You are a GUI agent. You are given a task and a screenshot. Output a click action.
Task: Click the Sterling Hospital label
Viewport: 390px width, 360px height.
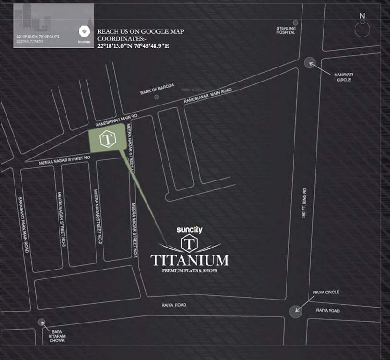286,30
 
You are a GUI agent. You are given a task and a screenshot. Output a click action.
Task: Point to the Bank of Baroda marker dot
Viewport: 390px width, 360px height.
156,97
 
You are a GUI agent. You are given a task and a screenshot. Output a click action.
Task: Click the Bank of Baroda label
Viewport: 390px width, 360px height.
157,89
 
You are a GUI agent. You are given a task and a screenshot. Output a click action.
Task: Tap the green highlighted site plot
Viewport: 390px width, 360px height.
107,139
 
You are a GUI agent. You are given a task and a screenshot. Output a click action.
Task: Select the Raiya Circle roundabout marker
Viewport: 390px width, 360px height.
295,311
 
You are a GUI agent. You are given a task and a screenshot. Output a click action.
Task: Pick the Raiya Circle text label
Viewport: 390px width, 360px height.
326,292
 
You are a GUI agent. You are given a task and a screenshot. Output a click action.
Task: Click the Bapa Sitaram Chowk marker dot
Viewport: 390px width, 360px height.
42,322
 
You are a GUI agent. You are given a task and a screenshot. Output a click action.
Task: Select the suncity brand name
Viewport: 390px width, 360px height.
189,230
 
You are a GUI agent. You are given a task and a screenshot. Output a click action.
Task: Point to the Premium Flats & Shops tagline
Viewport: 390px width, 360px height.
190,271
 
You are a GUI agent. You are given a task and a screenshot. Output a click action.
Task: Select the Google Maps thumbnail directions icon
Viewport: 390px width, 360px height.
85,31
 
